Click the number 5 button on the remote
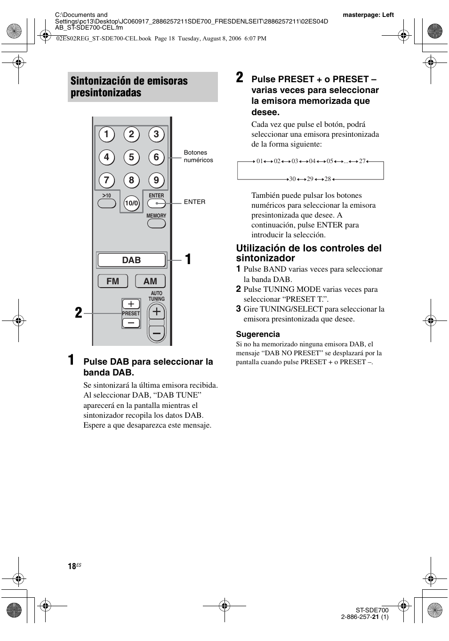point(131,157)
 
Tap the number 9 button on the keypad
point(156,180)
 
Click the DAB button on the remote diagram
point(131,260)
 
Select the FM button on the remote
point(112,281)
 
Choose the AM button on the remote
point(150,281)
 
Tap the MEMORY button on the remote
point(156,223)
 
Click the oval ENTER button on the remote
point(156,203)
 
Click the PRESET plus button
point(131,304)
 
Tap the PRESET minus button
point(131,323)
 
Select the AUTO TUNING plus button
point(157,311)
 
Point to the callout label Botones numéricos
point(198,156)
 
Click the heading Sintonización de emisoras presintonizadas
point(129,87)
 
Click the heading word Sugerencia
point(258,334)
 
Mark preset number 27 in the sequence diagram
point(362,161)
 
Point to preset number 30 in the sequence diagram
point(292,179)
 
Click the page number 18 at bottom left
point(72,566)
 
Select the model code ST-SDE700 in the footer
point(372,610)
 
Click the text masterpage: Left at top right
point(368,15)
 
